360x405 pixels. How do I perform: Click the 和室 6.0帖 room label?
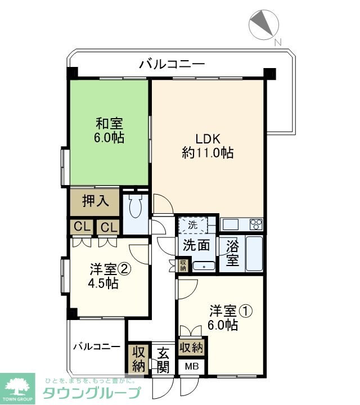tap(110, 130)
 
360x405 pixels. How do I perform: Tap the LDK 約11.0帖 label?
tap(208, 145)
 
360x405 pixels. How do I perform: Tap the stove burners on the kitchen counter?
tap(256, 224)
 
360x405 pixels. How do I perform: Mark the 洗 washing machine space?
tap(192, 224)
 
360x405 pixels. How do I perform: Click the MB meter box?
tap(192, 366)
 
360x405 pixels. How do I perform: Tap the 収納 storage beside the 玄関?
tap(138, 359)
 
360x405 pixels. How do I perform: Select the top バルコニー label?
tap(172, 64)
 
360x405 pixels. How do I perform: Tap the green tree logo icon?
tap(17, 387)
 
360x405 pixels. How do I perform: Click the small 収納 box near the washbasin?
tap(183, 265)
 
